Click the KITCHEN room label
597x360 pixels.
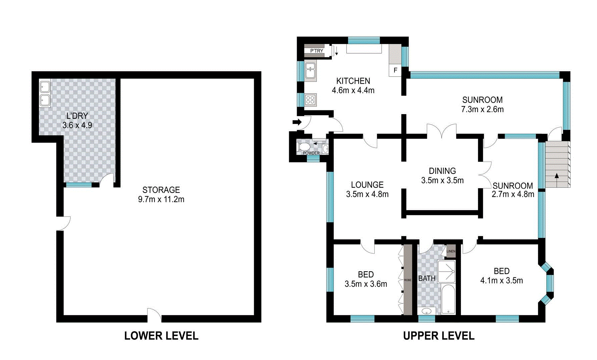click(353, 81)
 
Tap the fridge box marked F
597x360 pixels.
click(395, 70)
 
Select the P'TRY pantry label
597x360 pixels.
click(317, 51)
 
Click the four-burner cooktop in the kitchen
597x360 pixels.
click(311, 100)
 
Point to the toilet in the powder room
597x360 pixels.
click(304, 147)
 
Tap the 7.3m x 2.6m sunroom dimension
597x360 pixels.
click(482, 109)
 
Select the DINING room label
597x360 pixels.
click(442, 171)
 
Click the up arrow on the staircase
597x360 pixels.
click(556, 176)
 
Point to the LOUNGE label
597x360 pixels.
click(367, 185)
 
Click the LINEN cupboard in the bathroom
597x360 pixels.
click(451, 251)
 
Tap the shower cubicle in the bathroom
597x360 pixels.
click(446, 271)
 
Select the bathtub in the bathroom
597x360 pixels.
click(448, 299)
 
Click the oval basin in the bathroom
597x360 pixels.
click(427, 312)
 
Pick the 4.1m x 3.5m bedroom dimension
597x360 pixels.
click(501, 281)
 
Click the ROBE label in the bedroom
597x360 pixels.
click(408, 280)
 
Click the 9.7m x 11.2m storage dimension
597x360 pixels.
click(161, 199)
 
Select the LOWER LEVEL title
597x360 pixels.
click(161, 336)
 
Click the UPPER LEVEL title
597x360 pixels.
click(439, 336)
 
